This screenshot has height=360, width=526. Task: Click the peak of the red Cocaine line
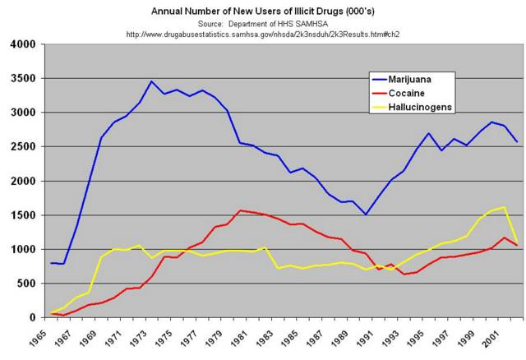click(x=239, y=210)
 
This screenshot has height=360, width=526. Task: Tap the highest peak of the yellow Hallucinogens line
click(x=503, y=207)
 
